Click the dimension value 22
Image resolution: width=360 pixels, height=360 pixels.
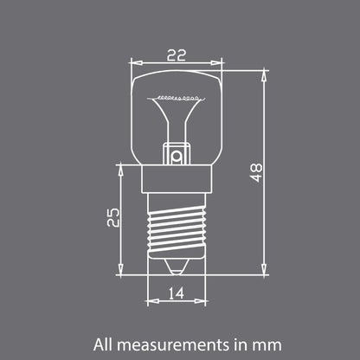click(x=176, y=54)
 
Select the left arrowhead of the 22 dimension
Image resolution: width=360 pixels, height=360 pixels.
click(x=133, y=62)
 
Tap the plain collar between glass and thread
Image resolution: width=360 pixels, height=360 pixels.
click(x=176, y=180)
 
